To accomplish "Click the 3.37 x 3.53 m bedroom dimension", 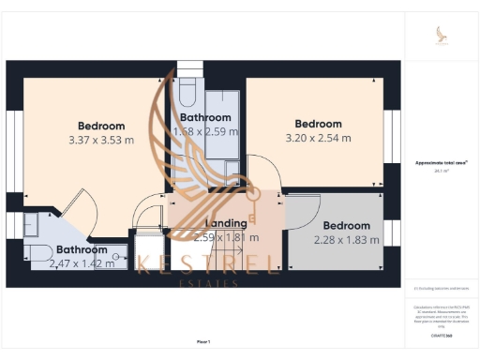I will (100, 141).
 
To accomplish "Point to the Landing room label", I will (226, 223).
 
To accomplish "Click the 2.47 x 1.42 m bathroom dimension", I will (82, 263).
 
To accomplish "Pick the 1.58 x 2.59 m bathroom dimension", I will (204, 132).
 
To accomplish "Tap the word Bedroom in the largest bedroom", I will (101, 127).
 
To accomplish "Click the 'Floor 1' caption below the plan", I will (203, 341).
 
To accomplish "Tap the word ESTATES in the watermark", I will (209, 281).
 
